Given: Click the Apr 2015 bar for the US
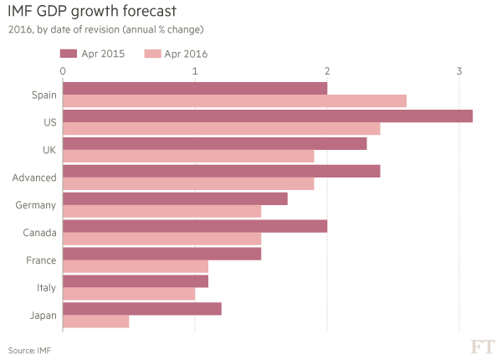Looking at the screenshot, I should tap(268, 116).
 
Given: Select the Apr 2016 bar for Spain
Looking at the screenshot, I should tap(235, 101).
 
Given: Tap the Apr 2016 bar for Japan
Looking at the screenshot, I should tap(96, 321).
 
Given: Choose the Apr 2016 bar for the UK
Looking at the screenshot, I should tap(189, 157).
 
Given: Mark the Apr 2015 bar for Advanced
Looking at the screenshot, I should tap(222, 171).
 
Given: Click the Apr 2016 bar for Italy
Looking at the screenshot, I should tap(130, 294).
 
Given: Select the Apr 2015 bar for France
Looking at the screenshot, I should tap(162, 253).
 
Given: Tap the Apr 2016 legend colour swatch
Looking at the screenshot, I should tap(151, 54).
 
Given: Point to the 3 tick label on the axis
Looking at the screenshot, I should tap(459, 71).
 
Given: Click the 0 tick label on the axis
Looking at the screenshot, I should tap(64, 71).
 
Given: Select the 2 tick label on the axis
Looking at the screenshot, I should tap(327, 71).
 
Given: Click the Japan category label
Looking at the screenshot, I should tap(42, 315).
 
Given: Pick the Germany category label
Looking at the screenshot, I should tap(36, 205).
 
